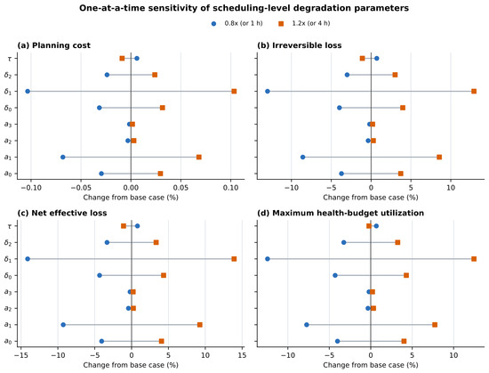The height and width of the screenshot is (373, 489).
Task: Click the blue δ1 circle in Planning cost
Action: [28, 91]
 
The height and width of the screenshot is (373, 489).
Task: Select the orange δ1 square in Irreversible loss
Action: [474, 91]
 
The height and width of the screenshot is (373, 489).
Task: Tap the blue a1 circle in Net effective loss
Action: [63, 325]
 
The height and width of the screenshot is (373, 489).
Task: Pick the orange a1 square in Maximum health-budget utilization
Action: [435, 325]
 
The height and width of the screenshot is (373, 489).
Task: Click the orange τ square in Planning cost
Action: [122, 59]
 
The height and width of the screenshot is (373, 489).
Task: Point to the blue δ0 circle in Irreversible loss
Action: [340, 108]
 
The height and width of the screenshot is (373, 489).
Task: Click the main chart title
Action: [244, 8]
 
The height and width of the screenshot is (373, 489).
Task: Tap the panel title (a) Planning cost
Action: [53, 45]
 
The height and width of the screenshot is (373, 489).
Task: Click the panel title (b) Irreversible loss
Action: [299, 45]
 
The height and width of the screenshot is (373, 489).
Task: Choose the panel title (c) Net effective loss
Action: [61, 213]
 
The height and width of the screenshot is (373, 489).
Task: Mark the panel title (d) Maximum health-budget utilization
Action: [341, 213]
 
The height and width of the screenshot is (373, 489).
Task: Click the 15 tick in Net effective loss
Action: [242, 355]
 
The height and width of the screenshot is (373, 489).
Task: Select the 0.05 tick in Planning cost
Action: [180, 188]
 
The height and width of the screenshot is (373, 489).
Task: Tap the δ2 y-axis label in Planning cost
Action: [8, 75]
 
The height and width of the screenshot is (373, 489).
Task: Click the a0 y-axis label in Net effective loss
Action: [8, 341]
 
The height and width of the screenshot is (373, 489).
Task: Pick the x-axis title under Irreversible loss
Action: [371, 198]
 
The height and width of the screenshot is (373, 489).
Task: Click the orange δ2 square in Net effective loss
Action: [156, 242]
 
